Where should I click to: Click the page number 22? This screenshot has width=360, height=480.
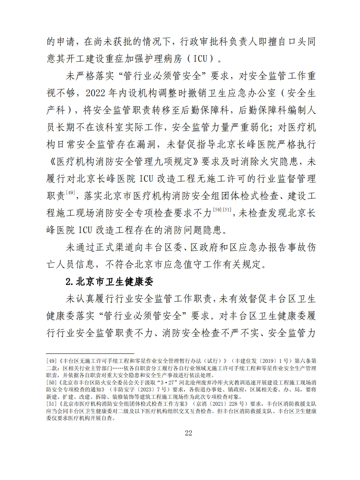(188, 433)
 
